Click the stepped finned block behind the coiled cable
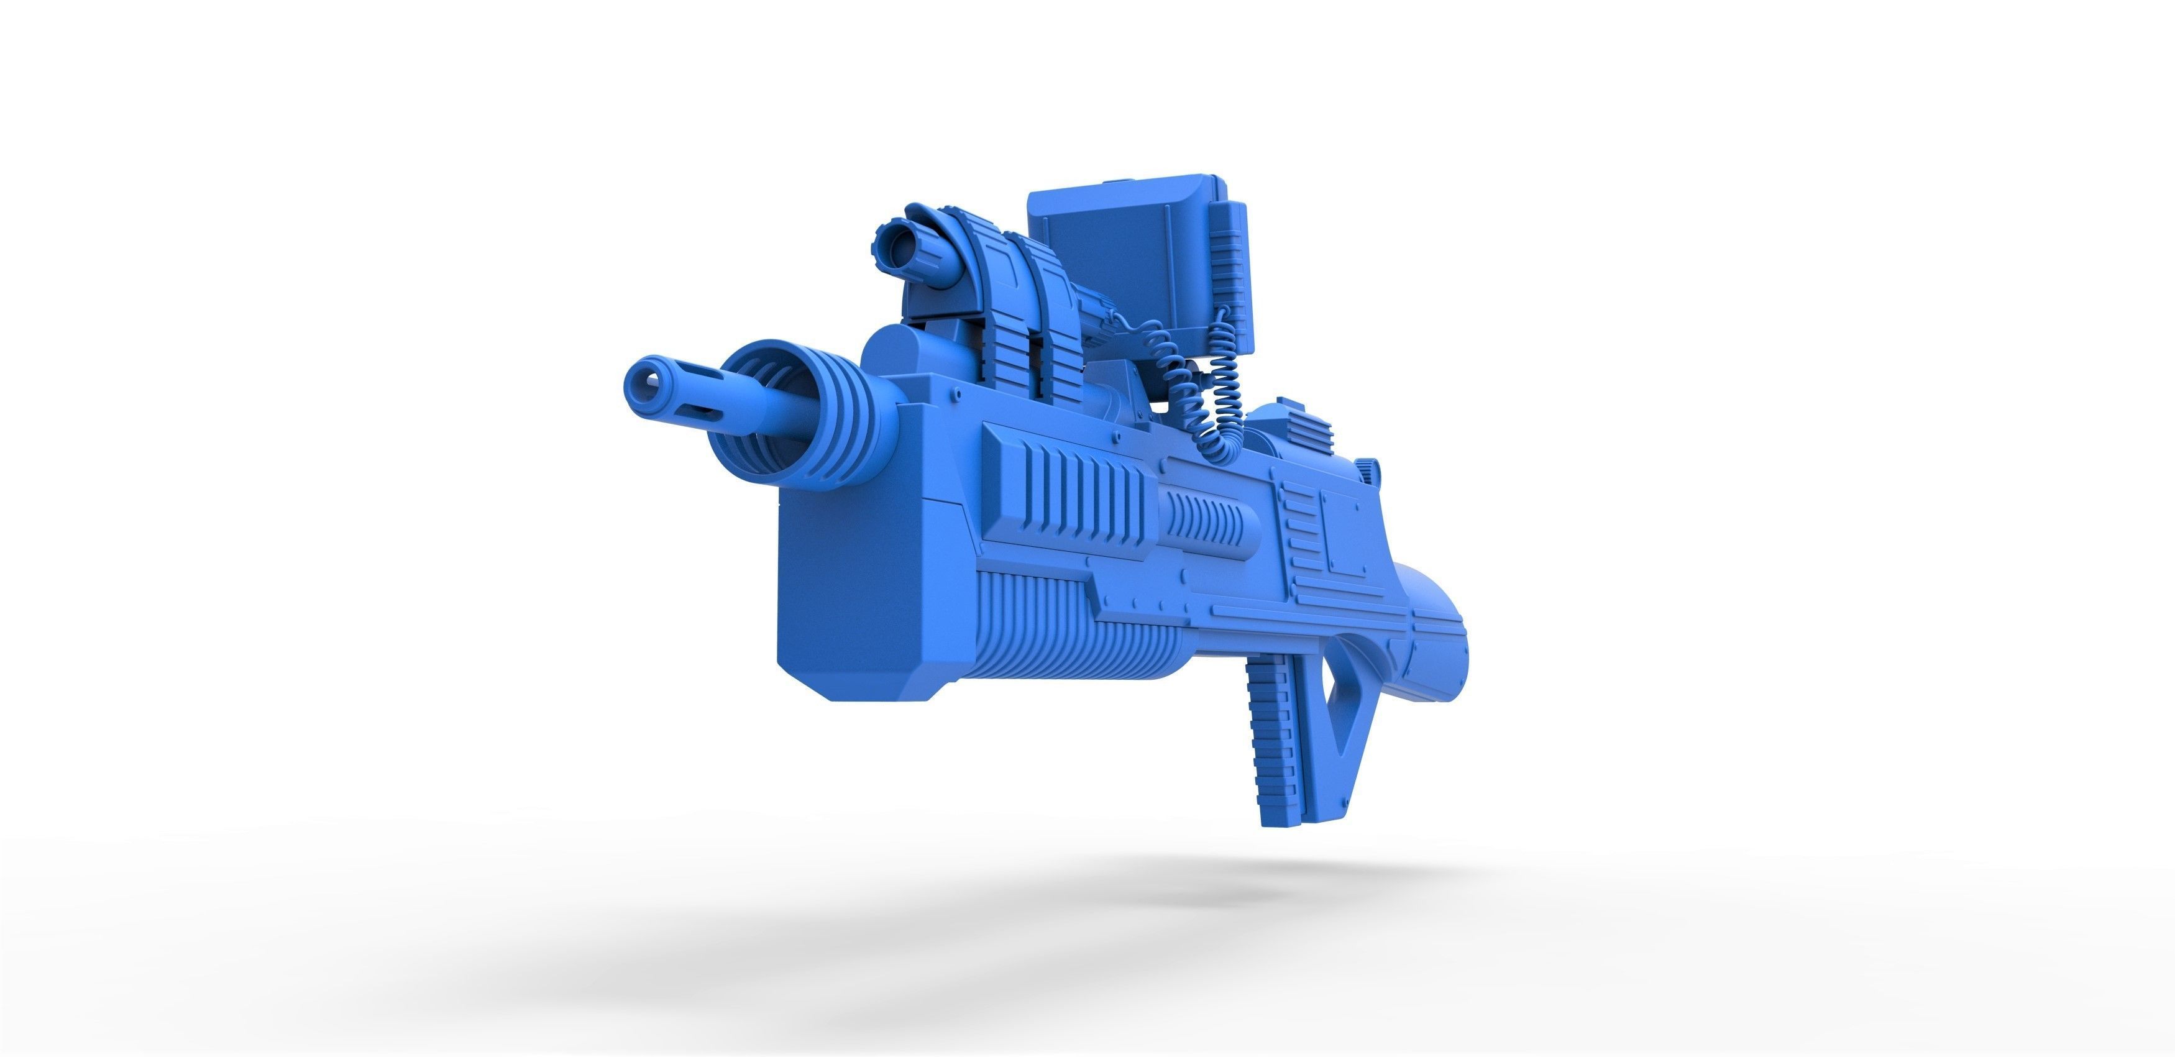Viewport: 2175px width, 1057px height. (1296, 431)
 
